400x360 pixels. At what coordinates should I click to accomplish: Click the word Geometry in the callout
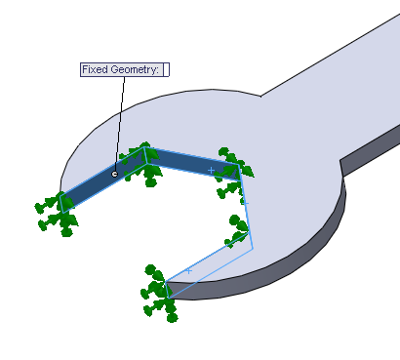coord(133,70)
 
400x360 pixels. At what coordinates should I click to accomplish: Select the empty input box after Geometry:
coord(166,70)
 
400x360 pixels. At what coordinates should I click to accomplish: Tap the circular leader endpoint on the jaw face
coord(115,174)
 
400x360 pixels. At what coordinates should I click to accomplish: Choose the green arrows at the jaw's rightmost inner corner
coord(238,232)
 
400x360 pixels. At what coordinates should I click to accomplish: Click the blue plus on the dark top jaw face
coord(211,170)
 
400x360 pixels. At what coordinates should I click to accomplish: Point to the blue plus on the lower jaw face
coord(189,270)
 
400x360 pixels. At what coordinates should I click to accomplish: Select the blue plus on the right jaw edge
coord(245,203)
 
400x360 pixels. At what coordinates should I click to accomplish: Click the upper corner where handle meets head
coord(260,96)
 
